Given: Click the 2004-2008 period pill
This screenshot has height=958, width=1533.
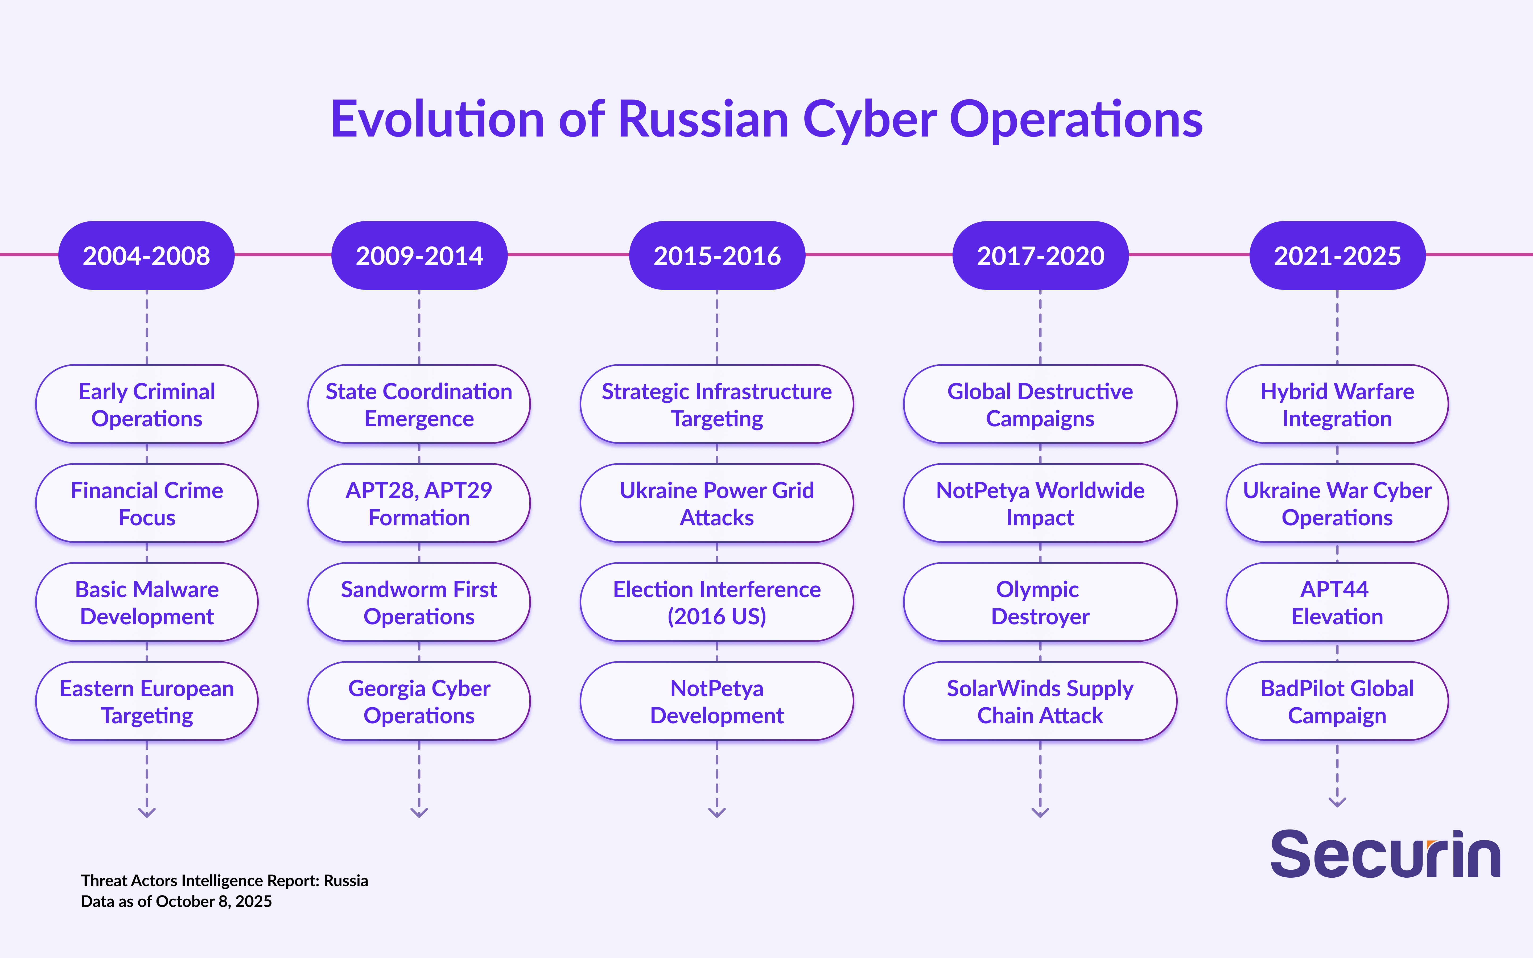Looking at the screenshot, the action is (146, 255).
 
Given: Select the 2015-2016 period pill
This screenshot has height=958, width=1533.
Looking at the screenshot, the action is (717, 255).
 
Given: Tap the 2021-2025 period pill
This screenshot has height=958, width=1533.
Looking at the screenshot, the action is (1337, 255).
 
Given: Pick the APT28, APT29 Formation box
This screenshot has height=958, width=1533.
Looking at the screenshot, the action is (419, 503).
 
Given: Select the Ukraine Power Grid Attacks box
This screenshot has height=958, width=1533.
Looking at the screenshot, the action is (717, 503).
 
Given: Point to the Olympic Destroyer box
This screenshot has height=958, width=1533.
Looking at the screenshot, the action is (1040, 602).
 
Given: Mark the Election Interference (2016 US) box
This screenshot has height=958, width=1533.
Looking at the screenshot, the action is (717, 602).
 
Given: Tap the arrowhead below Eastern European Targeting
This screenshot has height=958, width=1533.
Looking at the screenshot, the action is (147, 812).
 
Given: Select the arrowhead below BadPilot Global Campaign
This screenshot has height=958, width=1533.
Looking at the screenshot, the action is (1337, 802).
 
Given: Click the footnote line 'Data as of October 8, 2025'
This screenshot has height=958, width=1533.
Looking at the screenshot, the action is (176, 902).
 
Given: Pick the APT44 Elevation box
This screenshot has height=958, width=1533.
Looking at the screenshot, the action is (1337, 602).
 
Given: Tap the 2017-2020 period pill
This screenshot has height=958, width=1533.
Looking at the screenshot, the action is (1040, 255).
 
